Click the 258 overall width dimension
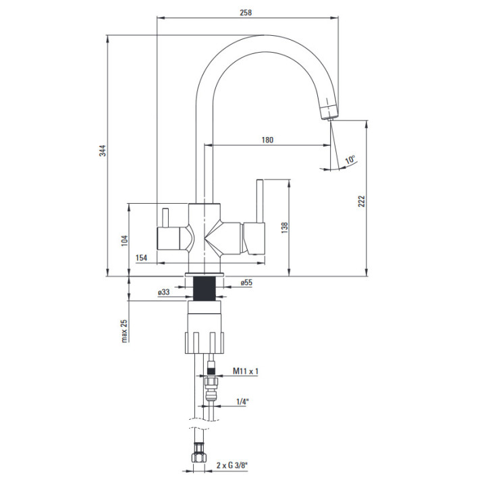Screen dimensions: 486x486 [x=246, y=13]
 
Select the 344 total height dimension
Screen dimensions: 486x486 [x=103, y=151]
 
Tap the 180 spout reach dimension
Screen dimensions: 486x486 [x=267, y=140]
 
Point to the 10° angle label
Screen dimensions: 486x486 [x=350, y=159]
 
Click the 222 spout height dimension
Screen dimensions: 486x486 [x=362, y=201]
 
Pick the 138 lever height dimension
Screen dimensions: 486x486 [x=285, y=228]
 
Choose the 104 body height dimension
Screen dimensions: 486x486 [x=124, y=241]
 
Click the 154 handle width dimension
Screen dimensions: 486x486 [x=141, y=258]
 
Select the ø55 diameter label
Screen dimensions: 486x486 [x=246, y=283]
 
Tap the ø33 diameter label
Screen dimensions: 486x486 [x=164, y=292]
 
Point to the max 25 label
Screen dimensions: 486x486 [x=124, y=331]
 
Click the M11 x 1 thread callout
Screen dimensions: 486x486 [x=246, y=371]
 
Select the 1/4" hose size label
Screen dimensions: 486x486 [x=243, y=402]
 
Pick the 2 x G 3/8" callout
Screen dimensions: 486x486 [x=232, y=465]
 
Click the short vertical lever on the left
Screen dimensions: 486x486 [x=165, y=217]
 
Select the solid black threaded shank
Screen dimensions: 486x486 [x=205, y=289]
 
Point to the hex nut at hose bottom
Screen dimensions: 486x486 [x=200, y=454]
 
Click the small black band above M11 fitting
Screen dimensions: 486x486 [x=211, y=371]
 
